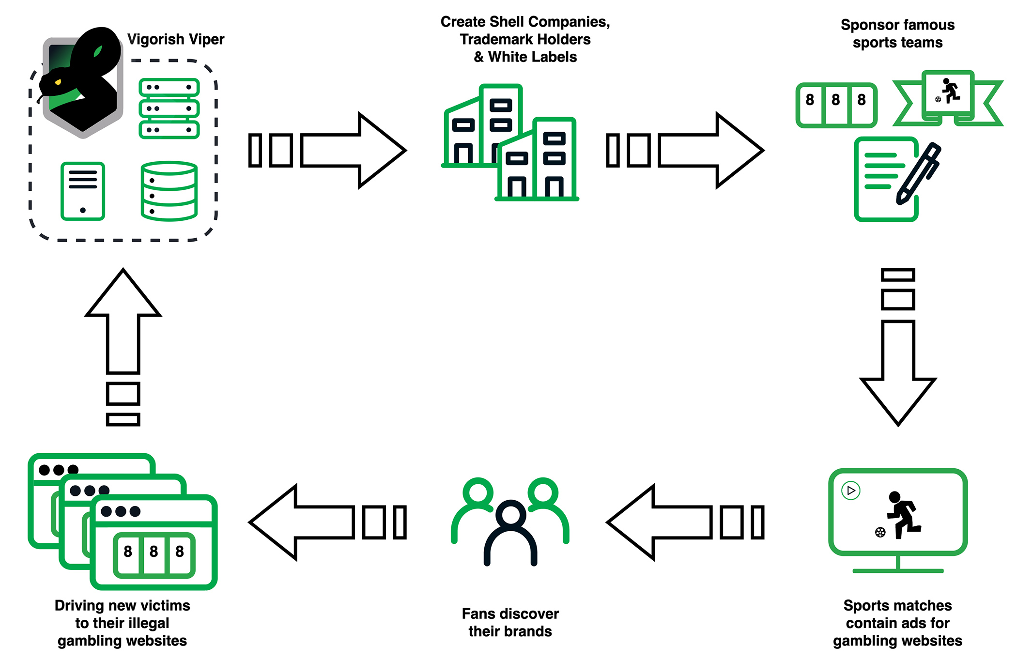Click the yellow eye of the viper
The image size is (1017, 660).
coord(58,82)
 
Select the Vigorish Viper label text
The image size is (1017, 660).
coord(175,39)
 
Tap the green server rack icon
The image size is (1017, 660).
coord(169,108)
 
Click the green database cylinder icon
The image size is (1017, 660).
coord(169,191)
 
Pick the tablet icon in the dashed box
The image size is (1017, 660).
coord(83,191)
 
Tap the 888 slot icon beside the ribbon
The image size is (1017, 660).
coord(836,105)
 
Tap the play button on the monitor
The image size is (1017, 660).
coord(851,491)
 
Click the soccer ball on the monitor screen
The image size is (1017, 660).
coord(880,533)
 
